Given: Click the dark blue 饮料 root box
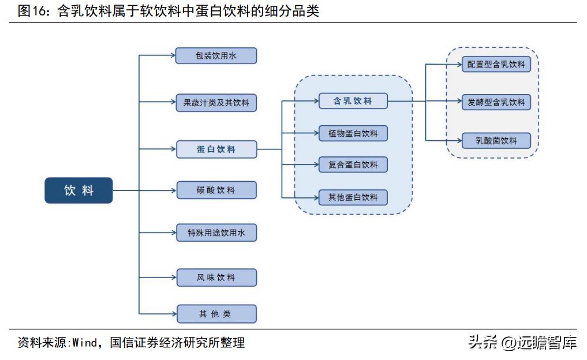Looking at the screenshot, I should pos(78,190).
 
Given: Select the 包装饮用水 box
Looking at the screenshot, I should pos(216,55).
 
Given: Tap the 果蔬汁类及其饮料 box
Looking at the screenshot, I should pos(216,103).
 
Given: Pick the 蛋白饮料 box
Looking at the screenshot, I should pos(216,149).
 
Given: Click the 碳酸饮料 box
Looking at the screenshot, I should pos(216,190).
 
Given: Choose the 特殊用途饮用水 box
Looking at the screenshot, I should pos(216,232).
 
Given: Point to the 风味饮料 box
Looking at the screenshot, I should pos(216,277).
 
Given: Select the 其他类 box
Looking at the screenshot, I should pos(216,314).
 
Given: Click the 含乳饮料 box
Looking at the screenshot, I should pos(353,101).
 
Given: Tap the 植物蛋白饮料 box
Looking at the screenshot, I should pos(353,133).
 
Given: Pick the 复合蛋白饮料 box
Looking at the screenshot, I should pos(353,164).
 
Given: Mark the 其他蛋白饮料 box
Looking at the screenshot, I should pos(353,197).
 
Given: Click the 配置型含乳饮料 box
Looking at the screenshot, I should pos(496,64).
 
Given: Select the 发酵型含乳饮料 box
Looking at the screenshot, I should pos(496,102).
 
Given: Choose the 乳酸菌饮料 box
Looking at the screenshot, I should pos(496,140).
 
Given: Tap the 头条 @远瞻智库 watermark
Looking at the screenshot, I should pos(522,343).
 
